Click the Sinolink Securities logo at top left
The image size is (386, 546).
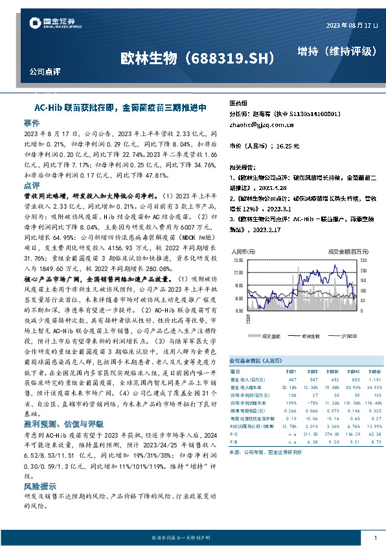tap(49, 23)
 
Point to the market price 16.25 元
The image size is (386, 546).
tap(285, 147)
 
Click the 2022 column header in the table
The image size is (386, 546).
tap(310, 371)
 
